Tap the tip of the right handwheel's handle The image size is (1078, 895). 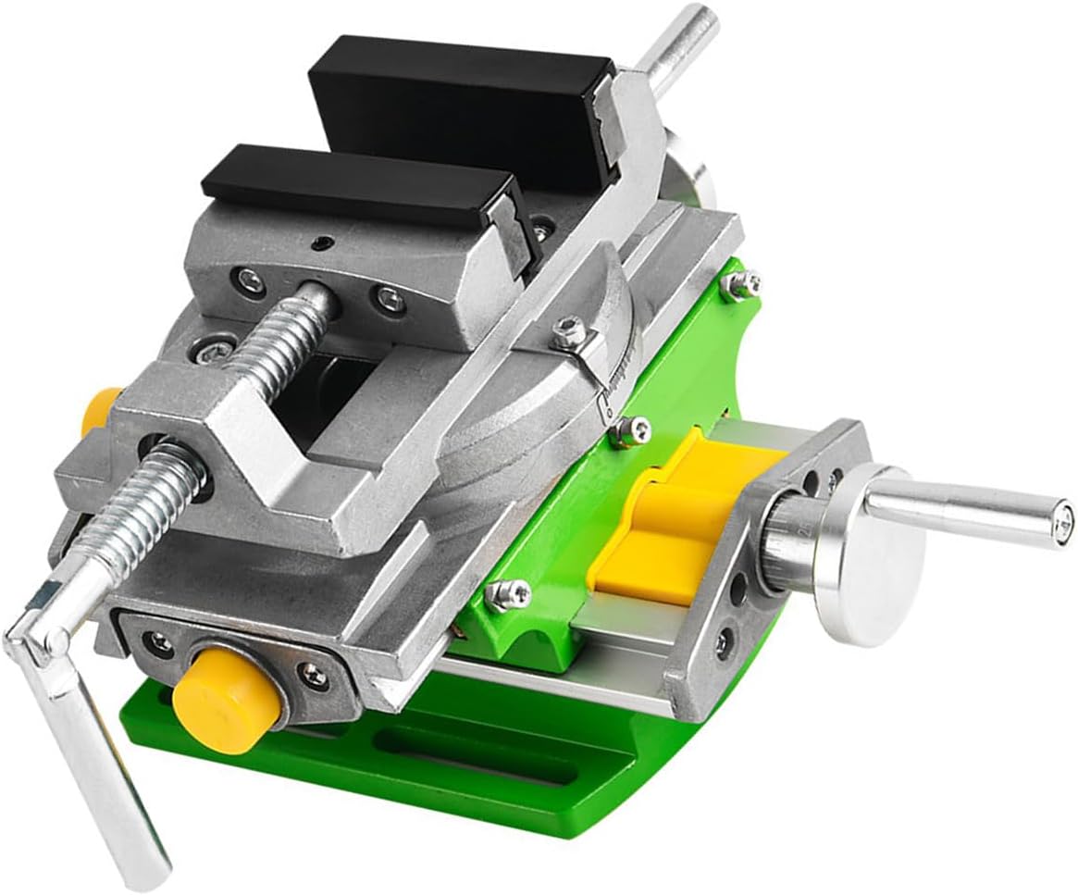[1064, 512]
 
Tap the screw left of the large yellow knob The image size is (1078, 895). [159, 642]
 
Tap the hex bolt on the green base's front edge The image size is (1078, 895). [507, 593]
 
